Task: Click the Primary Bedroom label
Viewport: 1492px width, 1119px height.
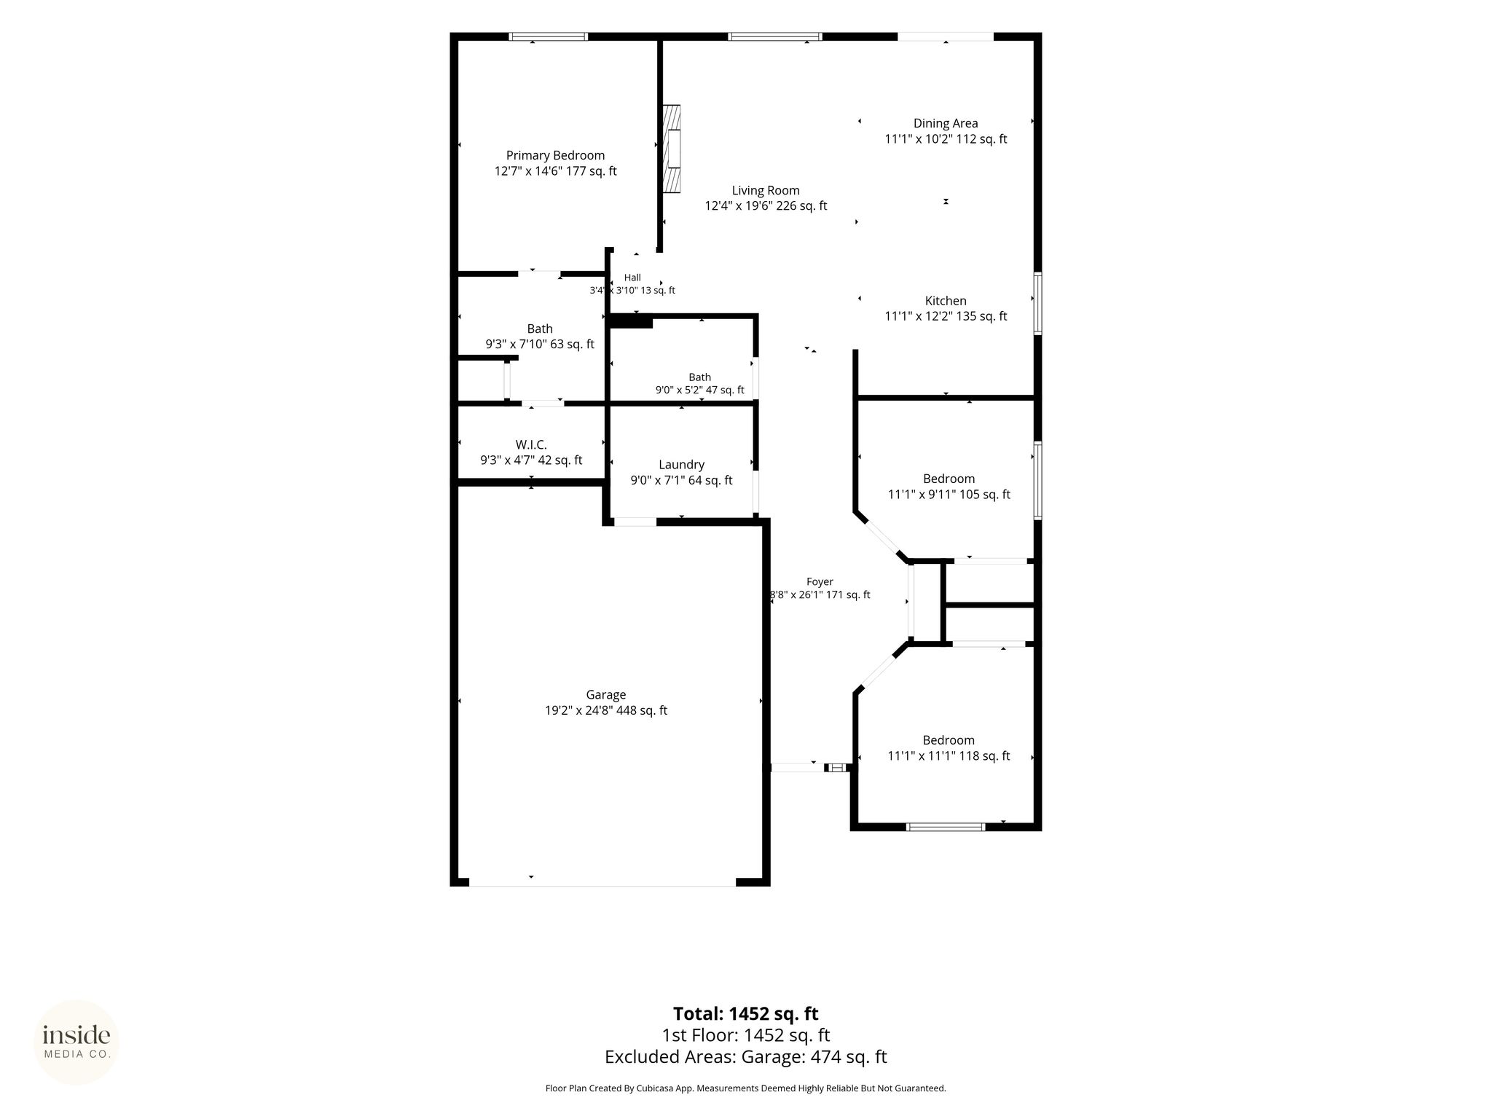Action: pyautogui.click(x=555, y=155)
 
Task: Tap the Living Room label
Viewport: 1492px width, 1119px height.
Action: pyautogui.click(x=766, y=190)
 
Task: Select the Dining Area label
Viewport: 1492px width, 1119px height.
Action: pyautogui.click(x=946, y=123)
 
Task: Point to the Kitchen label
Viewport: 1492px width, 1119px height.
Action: pyautogui.click(x=946, y=300)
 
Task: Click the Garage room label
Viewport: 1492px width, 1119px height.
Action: pyautogui.click(x=605, y=695)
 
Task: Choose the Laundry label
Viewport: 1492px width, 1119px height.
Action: pyautogui.click(x=681, y=465)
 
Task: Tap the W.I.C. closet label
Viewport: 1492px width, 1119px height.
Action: pyautogui.click(x=531, y=444)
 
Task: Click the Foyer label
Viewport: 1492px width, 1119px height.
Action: pyautogui.click(x=820, y=581)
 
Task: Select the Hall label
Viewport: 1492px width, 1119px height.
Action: pyautogui.click(x=632, y=278)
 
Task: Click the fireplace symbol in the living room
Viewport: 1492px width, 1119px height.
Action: pyautogui.click(x=672, y=149)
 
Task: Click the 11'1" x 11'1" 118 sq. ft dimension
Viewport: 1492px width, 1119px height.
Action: pyautogui.click(x=949, y=756)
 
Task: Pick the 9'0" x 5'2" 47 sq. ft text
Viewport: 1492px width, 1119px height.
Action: pyautogui.click(x=700, y=390)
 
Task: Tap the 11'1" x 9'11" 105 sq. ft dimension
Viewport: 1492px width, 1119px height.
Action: pyautogui.click(x=949, y=495)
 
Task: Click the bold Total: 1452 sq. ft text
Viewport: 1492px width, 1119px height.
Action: pyautogui.click(x=745, y=1013)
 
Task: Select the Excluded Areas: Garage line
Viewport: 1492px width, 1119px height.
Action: pyautogui.click(x=745, y=1057)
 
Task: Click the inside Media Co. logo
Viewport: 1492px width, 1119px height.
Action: pyautogui.click(x=76, y=1042)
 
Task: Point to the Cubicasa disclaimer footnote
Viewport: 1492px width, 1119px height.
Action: pyautogui.click(x=745, y=1088)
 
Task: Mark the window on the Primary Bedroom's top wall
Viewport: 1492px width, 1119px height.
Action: pyautogui.click(x=548, y=36)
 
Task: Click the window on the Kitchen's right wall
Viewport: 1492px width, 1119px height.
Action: pyautogui.click(x=1038, y=303)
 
